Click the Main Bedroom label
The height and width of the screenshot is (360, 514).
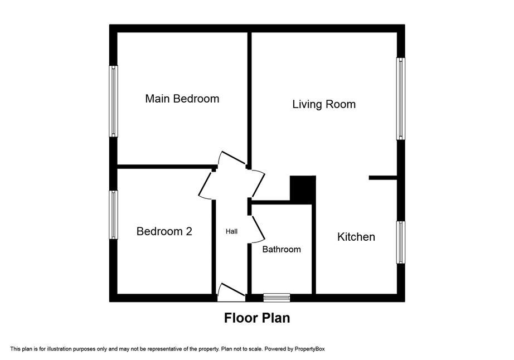pos(182,99)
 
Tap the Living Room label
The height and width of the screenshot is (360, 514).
pos(324,105)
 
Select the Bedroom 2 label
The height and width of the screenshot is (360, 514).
pos(164,231)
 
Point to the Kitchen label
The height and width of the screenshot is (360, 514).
pos(356,237)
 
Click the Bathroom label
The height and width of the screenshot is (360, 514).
pos(282,249)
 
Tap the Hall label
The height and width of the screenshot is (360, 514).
pos(231,232)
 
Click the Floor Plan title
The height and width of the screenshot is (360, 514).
pos(257,318)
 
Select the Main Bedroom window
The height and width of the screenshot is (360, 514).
pos(113,101)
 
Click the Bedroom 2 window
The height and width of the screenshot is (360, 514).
pos(113,215)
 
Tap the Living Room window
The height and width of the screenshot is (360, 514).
pos(401,99)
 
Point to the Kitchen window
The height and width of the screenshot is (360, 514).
pos(401,242)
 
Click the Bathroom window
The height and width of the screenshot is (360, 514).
pos(277,298)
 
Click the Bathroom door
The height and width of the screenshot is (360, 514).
pos(258,229)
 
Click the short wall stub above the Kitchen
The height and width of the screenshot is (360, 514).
pos(383,178)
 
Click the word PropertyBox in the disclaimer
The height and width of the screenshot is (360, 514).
pos(309,349)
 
